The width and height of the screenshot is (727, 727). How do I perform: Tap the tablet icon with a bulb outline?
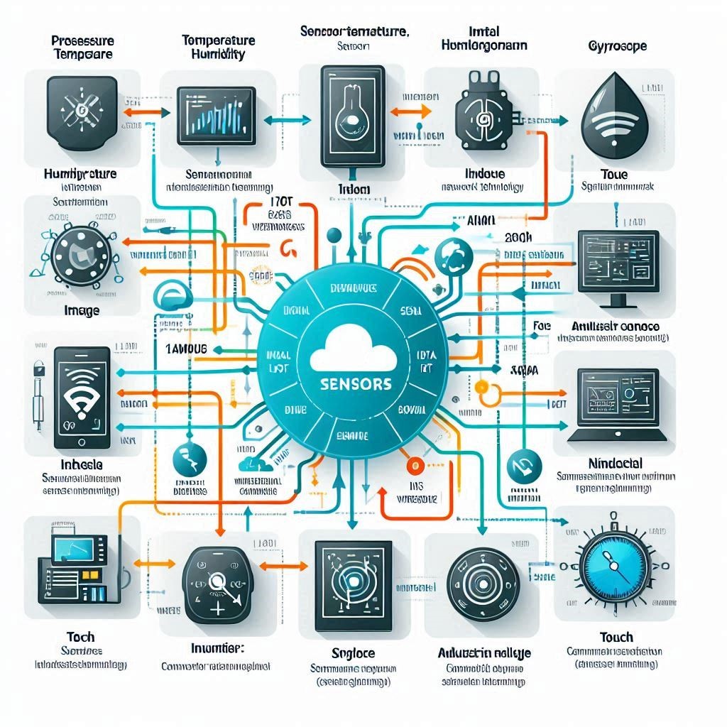[x=342, y=113]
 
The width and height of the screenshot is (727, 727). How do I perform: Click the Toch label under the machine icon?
[x=80, y=637]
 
